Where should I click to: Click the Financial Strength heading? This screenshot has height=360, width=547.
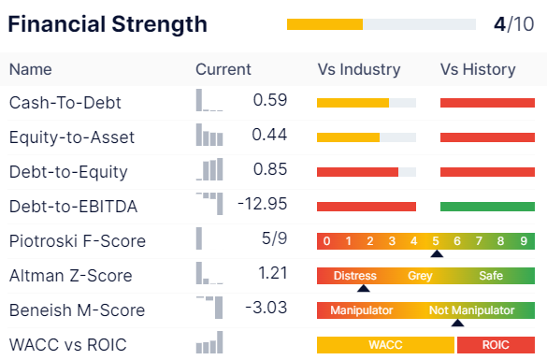(x=108, y=24)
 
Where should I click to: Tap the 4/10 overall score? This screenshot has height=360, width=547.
(x=514, y=24)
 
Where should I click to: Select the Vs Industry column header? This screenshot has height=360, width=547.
(x=359, y=69)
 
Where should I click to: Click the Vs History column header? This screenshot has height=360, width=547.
(x=478, y=69)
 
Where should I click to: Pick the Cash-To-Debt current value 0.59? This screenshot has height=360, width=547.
(x=270, y=100)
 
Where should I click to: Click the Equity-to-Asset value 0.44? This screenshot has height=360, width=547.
(x=269, y=135)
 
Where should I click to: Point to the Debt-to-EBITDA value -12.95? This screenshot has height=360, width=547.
(x=263, y=204)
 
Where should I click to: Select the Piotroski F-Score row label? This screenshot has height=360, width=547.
(x=78, y=240)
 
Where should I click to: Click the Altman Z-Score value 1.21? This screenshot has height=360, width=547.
(x=273, y=273)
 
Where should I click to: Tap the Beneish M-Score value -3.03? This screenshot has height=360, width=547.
(x=266, y=308)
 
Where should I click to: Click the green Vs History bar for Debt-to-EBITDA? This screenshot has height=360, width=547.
(x=487, y=207)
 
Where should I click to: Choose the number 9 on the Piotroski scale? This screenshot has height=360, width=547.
(x=524, y=240)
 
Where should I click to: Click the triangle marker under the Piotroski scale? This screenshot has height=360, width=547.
(x=437, y=253)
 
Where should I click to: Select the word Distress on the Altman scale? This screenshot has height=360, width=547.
(x=355, y=276)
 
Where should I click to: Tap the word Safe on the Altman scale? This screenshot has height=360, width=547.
(x=491, y=276)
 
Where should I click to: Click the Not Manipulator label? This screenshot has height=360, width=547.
(x=471, y=310)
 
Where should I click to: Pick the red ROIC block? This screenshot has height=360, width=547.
(x=497, y=345)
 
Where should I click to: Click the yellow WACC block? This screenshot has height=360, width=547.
(x=385, y=345)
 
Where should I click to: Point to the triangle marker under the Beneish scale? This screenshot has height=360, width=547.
(x=457, y=323)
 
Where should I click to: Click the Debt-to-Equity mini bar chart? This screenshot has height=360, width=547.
(x=209, y=169)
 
